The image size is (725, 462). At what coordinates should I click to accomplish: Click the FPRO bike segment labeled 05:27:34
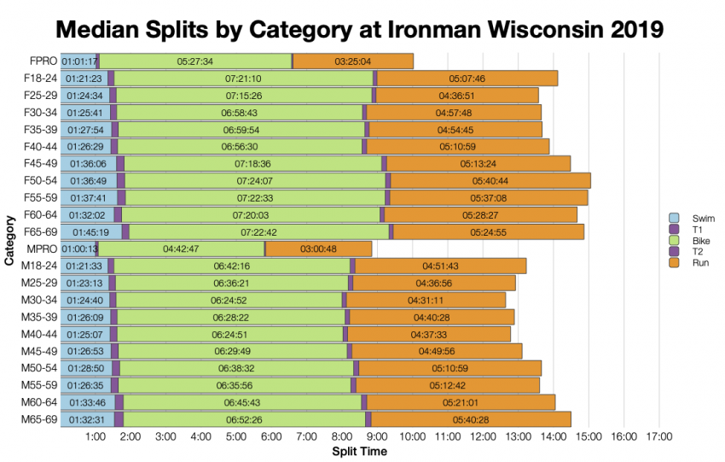click(x=195, y=61)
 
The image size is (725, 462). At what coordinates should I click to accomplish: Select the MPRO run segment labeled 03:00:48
click(x=318, y=249)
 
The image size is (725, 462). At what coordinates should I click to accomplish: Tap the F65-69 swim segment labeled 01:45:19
click(x=90, y=231)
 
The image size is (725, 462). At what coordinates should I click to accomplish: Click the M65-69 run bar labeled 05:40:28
click(x=471, y=419)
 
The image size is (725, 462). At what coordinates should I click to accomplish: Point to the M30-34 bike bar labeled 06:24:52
click(x=225, y=300)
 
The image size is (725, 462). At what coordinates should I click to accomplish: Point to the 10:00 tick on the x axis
click(x=413, y=436)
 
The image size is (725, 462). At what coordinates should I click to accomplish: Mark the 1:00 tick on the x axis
click(x=96, y=436)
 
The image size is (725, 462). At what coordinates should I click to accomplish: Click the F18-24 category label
click(x=41, y=79)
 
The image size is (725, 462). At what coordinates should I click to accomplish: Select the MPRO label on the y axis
click(x=43, y=249)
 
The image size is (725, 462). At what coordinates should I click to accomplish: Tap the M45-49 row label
click(x=40, y=351)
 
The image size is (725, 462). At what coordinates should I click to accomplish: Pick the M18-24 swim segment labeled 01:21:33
click(x=84, y=266)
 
